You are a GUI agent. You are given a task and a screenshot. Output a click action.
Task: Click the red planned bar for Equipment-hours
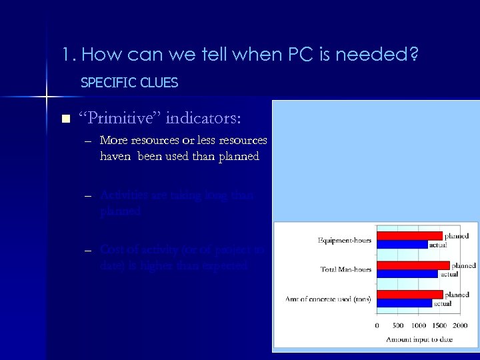tap(409, 235)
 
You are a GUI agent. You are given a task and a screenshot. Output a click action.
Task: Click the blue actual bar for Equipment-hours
tap(402, 244)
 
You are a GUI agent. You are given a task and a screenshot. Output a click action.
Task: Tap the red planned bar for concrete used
tap(409, 294)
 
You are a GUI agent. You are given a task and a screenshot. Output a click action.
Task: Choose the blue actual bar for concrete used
tap(405, 303)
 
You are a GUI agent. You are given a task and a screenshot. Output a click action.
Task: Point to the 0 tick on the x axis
tap(378, 325)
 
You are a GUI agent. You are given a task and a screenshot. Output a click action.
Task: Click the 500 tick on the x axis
tap(398, 325)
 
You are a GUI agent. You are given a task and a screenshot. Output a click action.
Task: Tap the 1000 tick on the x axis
tap(419, 325)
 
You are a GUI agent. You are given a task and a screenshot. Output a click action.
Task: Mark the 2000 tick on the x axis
tap(459, 325)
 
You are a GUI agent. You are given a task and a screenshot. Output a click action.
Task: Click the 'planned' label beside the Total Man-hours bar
tap(463, 265)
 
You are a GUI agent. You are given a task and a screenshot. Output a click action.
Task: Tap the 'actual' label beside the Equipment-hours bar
tap(438, 245)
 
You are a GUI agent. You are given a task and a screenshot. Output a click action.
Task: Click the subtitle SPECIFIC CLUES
tap(129, 83)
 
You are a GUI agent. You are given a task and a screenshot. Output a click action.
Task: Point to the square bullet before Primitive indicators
tap(65, 119)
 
